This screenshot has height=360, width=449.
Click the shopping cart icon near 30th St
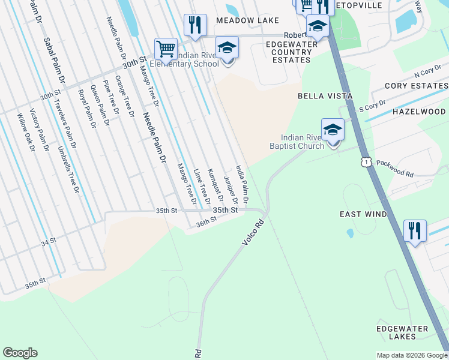165,48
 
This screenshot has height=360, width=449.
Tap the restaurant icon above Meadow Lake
195,25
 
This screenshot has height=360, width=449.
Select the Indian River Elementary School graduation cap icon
228,47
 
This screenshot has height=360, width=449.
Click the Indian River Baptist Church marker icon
333,129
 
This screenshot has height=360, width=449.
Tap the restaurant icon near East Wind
415,230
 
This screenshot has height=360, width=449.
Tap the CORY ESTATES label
416,86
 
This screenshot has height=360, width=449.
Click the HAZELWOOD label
418,112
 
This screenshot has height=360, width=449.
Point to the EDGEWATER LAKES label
402,333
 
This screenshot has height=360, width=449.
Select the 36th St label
205,222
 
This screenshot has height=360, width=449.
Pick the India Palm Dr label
242,184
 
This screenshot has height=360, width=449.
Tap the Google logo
20,353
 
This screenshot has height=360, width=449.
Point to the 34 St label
49,241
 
